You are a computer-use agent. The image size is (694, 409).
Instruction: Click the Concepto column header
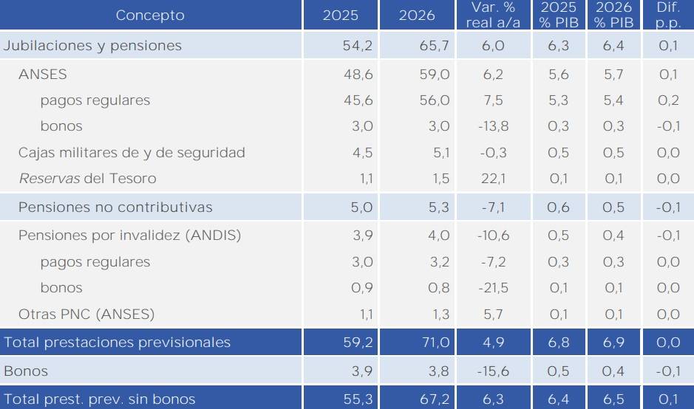pos(150,16)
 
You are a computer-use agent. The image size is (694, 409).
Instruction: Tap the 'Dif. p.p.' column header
pos(667,16)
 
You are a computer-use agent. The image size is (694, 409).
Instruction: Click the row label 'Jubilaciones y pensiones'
pos(92,46)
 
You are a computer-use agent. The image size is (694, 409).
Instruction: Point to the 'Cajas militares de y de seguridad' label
pos(132,154)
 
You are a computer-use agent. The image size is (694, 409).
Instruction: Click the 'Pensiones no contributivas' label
pos(115,207)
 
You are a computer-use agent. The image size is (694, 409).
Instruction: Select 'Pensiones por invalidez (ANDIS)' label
pos(129,236)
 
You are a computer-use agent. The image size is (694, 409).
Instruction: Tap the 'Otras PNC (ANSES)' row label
pos(86,315)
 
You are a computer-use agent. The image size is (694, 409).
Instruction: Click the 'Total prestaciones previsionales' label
pos(118,343)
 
